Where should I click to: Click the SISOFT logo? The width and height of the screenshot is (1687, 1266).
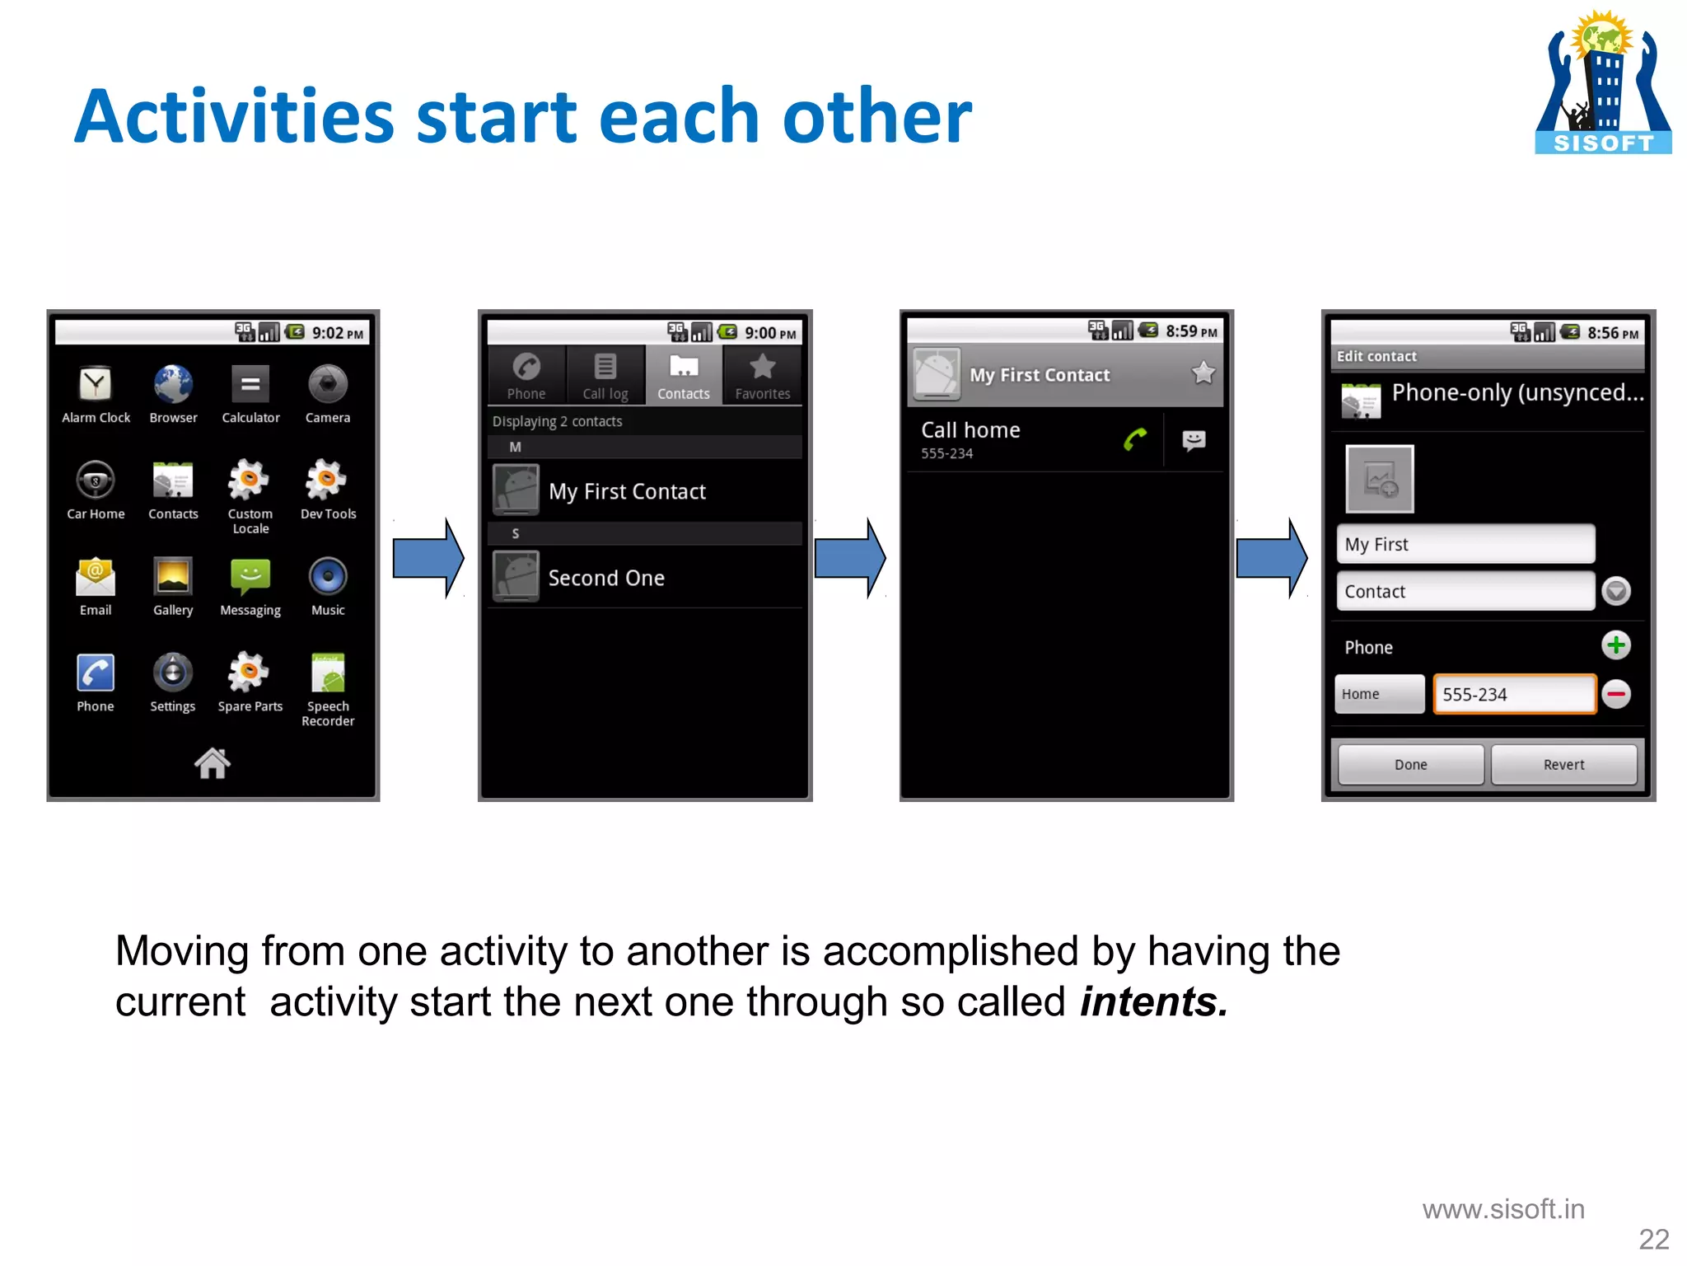(x=1603, y=82)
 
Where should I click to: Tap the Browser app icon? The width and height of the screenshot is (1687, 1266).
(x=173, y=384)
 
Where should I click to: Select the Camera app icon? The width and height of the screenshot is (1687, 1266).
(x=328, y=384)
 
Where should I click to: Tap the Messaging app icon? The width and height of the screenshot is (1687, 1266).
(x=250, y=577)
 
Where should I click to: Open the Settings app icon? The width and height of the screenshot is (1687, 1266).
(x=173, y=673)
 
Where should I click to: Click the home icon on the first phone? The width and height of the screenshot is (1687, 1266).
(x=213, y=763)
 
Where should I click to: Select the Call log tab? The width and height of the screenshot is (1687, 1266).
(x=605, y=375)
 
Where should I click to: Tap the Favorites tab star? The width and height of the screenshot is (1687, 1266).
(x=763, y=367)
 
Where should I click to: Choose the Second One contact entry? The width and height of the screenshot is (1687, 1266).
(x=605, y=578)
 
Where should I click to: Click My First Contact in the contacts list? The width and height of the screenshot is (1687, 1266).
(x=626, y=491)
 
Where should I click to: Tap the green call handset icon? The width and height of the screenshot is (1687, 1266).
(x=1135, y=440)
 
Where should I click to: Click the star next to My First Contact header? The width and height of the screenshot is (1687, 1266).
(x=1203, y=373)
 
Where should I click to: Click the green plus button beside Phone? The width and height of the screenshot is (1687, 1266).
(x=1616, y=645)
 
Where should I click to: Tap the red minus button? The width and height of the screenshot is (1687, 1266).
(x=1616, y=694)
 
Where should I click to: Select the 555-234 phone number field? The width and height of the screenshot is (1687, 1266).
(x=1514, y=694)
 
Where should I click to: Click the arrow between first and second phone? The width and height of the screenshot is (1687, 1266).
(x=428, y=559)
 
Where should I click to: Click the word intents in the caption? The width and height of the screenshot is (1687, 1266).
(x=1152, y=1002)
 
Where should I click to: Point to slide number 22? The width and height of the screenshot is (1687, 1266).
(x=1653, y=1239)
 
